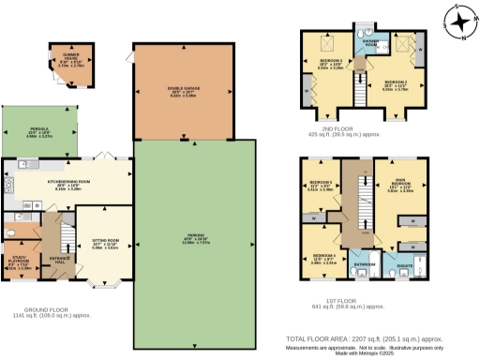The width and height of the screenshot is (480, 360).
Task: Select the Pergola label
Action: coord(37,133)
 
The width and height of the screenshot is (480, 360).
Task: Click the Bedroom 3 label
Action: coord(323,63)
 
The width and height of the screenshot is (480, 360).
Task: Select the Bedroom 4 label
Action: coord(323,257)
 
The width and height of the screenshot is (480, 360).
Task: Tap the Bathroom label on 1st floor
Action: coord(365,264)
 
